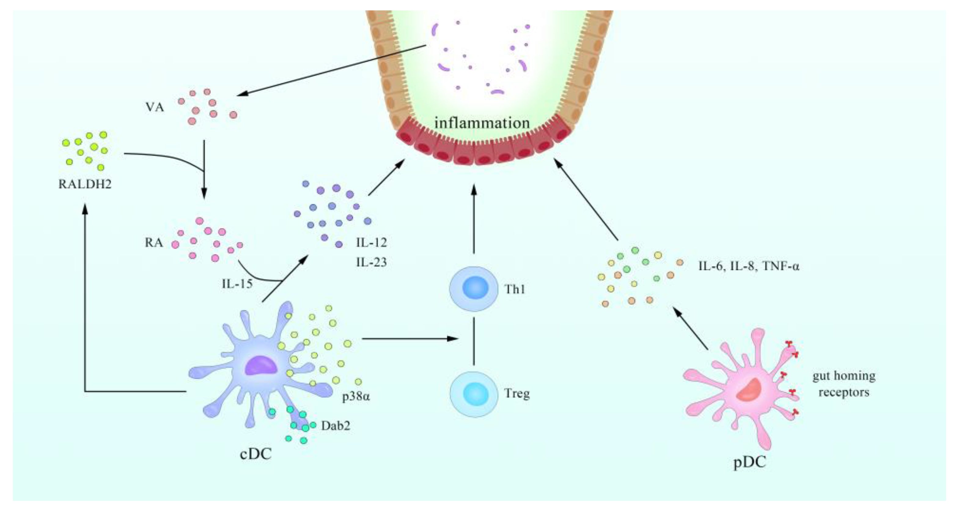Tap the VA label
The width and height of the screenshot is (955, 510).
pos(155,108)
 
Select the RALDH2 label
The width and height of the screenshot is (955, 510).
pos(85,184)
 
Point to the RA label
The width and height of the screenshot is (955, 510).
pos(153,243)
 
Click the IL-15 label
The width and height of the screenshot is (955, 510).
pos(237,284)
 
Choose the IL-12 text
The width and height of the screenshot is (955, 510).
pos(372,243)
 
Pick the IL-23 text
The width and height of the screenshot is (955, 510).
pos(372,262)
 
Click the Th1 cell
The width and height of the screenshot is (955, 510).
pos(474,289)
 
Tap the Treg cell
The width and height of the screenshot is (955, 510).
pos(474,394)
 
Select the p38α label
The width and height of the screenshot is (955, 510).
pos(356,397)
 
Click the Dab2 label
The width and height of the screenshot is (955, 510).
pos(336,426)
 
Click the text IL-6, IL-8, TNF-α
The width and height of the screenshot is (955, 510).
pos(749,266)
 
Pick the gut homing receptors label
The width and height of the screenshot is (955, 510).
pos(844,384)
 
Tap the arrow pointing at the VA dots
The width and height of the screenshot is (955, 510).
pos(330,70)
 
